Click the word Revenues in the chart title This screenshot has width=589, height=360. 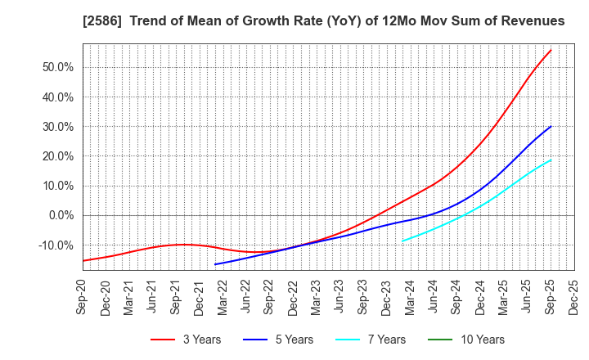point(533,20)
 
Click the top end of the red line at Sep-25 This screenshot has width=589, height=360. point(551,50)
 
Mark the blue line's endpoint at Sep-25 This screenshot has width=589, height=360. point(551,126)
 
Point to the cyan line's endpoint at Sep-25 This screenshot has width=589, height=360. point(551,160)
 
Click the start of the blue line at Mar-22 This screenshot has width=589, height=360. point(215,264)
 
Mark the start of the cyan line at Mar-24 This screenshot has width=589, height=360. point(402,241)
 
